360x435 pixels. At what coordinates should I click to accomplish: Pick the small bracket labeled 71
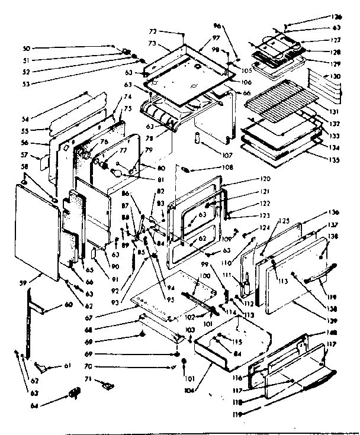[x=107, y=385]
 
